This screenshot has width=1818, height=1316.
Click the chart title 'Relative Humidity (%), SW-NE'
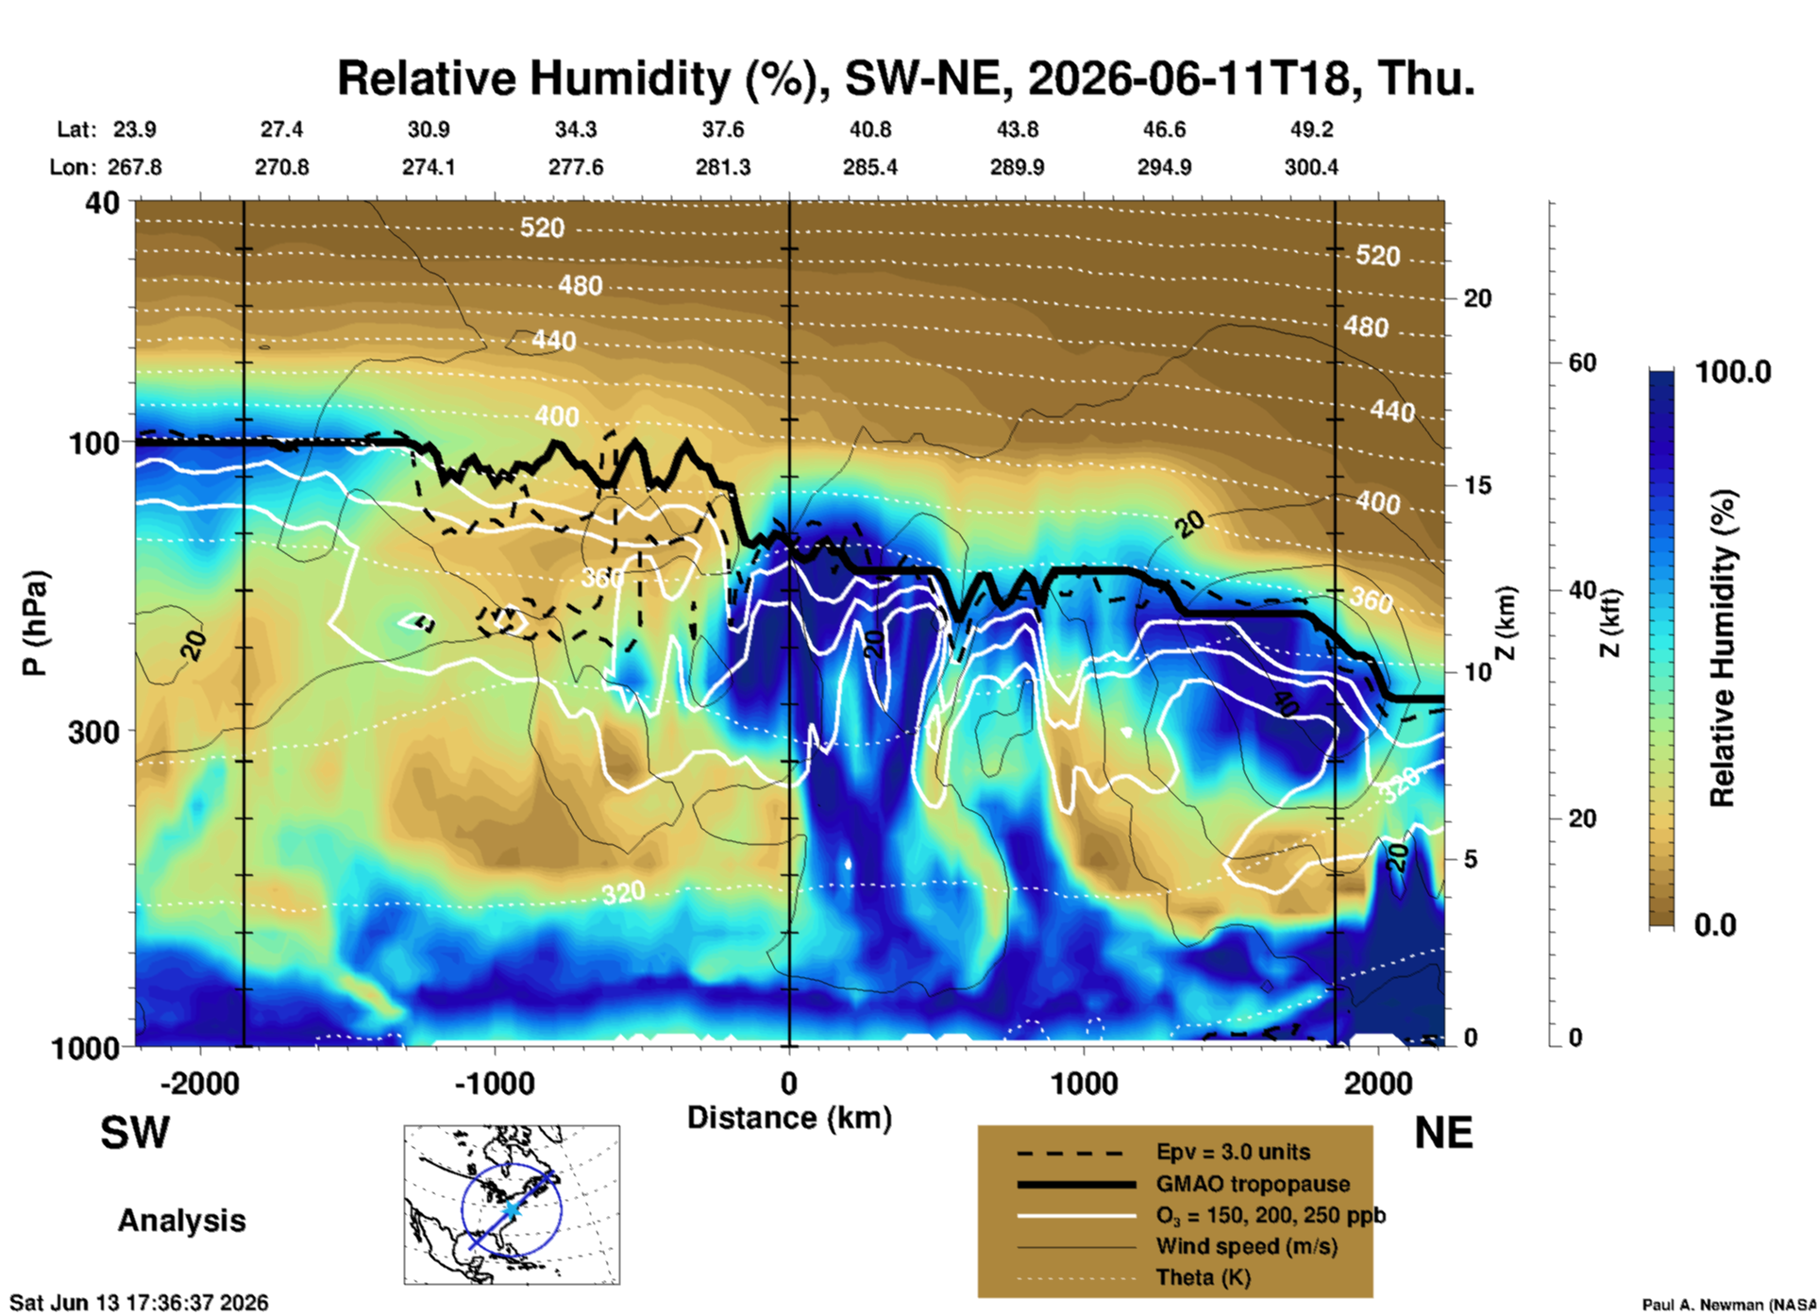[581, 78]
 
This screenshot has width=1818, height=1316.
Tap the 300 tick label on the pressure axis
[93, 732]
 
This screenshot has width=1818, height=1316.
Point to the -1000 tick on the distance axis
[495, 1083]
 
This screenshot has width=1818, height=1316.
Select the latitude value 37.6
[723, 129]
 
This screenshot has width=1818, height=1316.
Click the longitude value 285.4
[870, 167]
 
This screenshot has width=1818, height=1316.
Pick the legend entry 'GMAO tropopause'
[1253, 1184]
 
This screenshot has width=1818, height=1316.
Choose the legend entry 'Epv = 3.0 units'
[1233, 1152]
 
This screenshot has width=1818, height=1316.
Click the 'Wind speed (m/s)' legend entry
[1247, 1247]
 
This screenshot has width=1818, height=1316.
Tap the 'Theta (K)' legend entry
[1204, 1278]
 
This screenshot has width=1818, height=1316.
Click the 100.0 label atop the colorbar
[1733, 372]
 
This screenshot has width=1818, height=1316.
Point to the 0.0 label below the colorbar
[1715, 925]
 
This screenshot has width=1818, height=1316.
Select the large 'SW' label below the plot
[135, 1133]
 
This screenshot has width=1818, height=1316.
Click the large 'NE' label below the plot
[1443, 1133]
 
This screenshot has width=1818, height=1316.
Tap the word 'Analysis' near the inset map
[181, 1221]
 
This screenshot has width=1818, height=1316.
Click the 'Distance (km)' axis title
[789, 1118]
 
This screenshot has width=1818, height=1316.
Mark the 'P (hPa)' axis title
[35, 623]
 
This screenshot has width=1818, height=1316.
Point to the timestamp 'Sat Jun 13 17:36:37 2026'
[139, 1303]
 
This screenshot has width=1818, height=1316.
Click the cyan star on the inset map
[511, 1210]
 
